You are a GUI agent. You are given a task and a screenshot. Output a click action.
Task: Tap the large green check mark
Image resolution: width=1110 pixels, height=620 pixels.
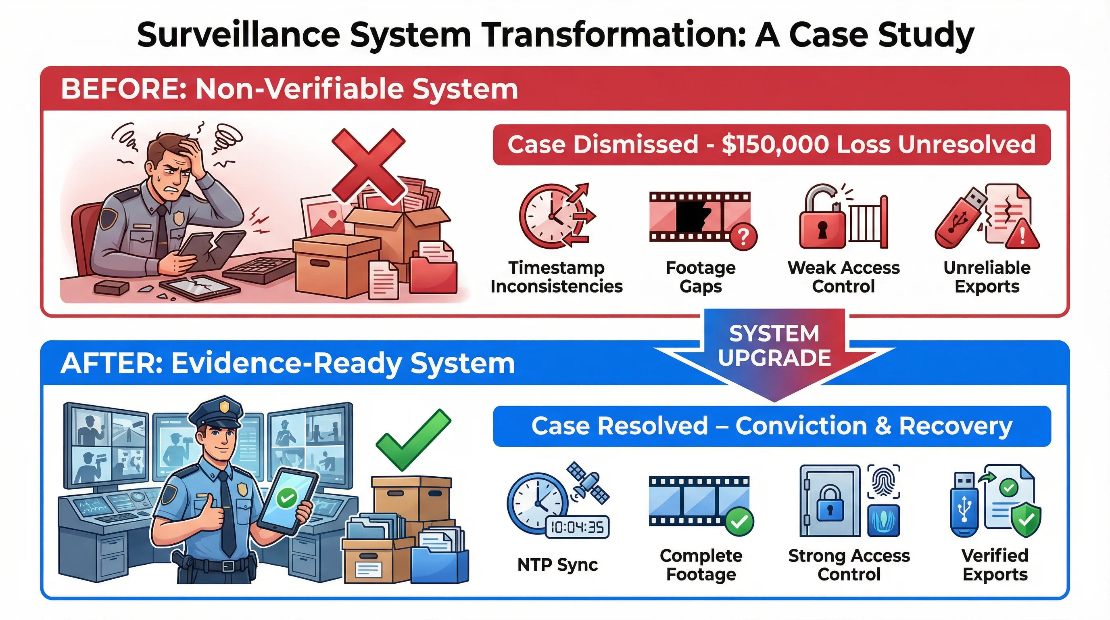(413, 440)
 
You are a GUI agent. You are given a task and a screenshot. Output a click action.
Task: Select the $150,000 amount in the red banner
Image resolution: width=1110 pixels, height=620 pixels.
(775, 145)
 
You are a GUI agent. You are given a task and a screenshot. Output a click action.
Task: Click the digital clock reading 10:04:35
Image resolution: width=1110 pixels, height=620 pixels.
(578, 527)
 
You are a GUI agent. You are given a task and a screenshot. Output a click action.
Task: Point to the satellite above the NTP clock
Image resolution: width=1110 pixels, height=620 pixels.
(588, 483)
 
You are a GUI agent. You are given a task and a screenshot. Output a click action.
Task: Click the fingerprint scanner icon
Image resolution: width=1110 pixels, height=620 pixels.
(883, 481)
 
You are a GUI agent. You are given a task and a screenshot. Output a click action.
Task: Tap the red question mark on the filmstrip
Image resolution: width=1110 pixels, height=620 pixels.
(743, 236)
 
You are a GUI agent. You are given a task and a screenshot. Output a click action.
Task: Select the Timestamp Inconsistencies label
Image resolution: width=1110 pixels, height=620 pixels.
(556, 277)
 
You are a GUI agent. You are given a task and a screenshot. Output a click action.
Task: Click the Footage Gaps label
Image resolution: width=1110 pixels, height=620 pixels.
(701, 277)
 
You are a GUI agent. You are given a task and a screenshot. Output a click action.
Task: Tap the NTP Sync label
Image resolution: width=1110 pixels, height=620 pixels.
(557, 564)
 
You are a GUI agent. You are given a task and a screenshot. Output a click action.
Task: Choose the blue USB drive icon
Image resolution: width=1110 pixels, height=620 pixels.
(964, 505)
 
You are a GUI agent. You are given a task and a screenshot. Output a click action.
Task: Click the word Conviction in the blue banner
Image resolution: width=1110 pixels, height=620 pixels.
(801, 426)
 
